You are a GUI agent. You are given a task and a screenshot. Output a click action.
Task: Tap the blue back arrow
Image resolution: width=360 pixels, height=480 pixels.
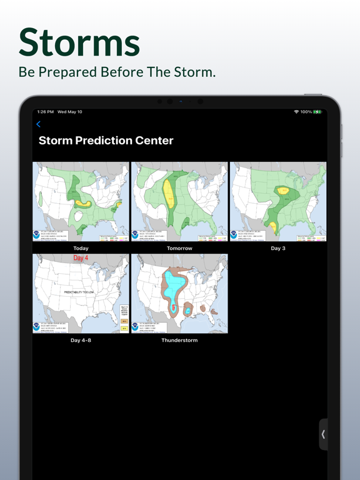click(38, 124)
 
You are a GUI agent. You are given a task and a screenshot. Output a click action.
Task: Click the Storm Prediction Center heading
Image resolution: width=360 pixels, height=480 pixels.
click(106, 141)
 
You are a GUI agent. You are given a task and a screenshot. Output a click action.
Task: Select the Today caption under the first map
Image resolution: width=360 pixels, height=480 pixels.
click(81, 248)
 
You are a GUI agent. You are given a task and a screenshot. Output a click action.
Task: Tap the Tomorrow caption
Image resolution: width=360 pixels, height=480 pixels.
click(179, 248)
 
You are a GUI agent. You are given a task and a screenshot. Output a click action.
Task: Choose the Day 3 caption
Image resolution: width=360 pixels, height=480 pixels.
click(277, 248)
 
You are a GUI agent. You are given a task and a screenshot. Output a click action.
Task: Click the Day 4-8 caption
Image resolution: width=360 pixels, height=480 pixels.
click(81, 341)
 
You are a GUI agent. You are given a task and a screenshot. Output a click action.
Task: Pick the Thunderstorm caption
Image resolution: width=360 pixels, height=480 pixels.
click(179, 341)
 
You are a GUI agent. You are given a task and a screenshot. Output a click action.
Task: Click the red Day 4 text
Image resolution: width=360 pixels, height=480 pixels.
click(81, 257)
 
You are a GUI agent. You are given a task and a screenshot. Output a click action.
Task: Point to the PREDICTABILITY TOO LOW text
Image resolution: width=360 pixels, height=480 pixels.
click(79, 292)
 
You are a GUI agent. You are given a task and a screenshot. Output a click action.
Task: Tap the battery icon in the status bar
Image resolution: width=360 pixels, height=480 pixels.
click(317, 112)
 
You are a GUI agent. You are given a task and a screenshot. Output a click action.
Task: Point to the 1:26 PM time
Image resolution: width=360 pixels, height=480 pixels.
click(45, 112)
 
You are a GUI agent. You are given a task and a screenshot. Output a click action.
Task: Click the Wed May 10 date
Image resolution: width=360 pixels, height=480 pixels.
click(70, 112)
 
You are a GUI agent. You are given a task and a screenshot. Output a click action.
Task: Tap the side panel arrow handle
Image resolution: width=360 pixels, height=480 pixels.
click(323, 434)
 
